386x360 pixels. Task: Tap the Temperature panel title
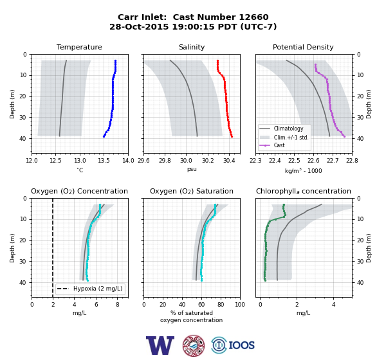pyautogui.click(x=79, y=47)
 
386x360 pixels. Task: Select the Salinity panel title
pyautogui.click(x=192, y=47)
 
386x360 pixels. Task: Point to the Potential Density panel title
pyautogui.click(x=303, y=47)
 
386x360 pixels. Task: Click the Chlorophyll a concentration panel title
pyautogui.click(x=304, y=191)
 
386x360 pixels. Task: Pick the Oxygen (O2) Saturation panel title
pyautogui.click(x=192, y=191)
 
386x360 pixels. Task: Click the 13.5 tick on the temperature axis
pyautogui.click(x=104, y=161)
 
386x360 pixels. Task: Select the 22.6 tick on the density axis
pyautogui.click(x=313, y=161)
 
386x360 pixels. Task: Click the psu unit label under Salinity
pyautogui.click(x=192, y=169)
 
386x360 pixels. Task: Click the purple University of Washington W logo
pyautogui.click(x=160, y=345)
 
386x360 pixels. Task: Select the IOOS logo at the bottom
pyautogui.click(x=233, y=345)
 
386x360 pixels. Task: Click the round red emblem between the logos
pyautogui.click(x=194, y=345)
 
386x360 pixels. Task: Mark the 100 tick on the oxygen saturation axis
pyautogui.click(x=240, y=305)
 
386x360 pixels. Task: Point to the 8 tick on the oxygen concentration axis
pyautogui.click(x=118, y=305)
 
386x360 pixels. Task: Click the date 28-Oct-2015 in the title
pyautogui.click(x=139, y=26)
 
